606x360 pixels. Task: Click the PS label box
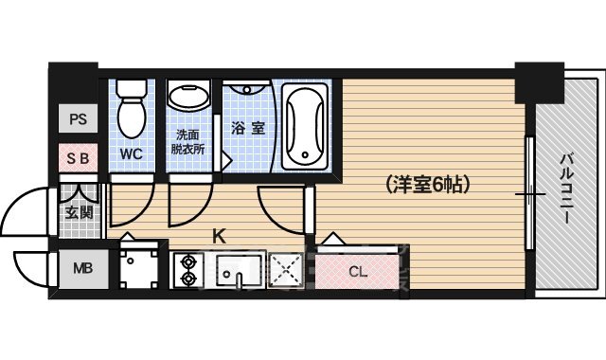[78, 120]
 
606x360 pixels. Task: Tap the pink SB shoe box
[78, 158]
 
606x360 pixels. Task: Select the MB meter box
[78, 268]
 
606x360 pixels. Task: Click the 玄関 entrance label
[78, 210]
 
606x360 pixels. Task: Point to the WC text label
[131, 152]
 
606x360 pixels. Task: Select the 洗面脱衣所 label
[189, 142]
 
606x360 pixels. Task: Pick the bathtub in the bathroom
[305, 123]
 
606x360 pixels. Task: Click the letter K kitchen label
[218, 237]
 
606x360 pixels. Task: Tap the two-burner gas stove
[187, 269]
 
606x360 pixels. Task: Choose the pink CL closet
[357, 272]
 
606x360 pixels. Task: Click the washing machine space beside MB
[140, 268]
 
